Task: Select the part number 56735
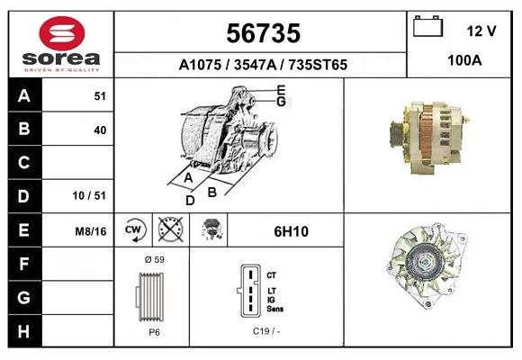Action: click(x=262, y=33)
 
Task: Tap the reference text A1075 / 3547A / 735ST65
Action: click(x=263, y=65)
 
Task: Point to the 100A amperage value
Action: click(x=464, y=60)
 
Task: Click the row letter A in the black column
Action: click(x=23, y=96)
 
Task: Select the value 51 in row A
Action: click(x=100, y=96)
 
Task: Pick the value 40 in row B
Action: click(x=100, y=130)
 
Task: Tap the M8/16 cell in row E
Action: click(x=91, y=230)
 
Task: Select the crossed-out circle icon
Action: click(x=169, y=229)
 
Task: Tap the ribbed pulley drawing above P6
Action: click(x=152, y=295)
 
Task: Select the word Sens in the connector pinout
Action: click(x=276, y=309)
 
